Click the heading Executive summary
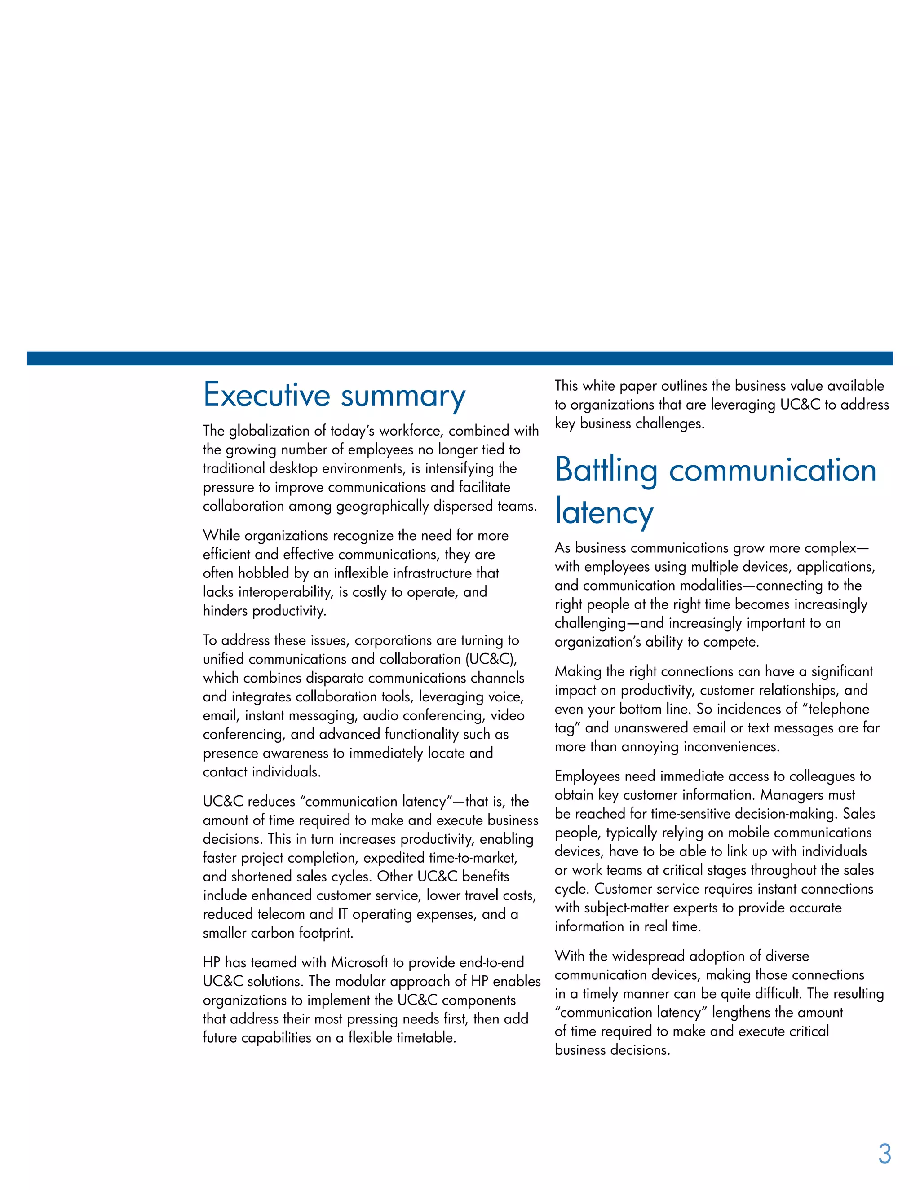point(334,396)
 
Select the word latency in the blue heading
point(604,512)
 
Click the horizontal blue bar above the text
point(460,358)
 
